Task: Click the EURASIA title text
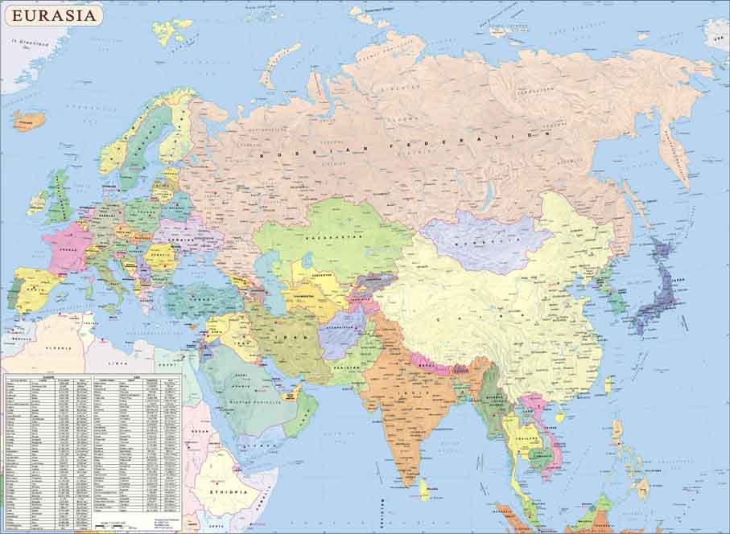52,14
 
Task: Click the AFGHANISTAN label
344,327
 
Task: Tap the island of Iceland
28,121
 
